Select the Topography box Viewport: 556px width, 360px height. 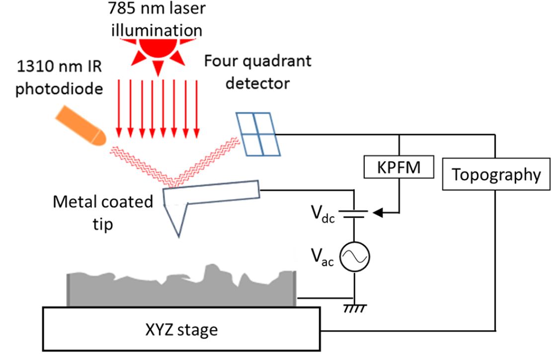click(496, 175)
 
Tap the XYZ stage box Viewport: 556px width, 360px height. click(181, 329)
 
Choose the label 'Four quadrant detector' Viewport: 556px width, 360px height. click(258, 72)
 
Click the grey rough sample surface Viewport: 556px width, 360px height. click(181, 291)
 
